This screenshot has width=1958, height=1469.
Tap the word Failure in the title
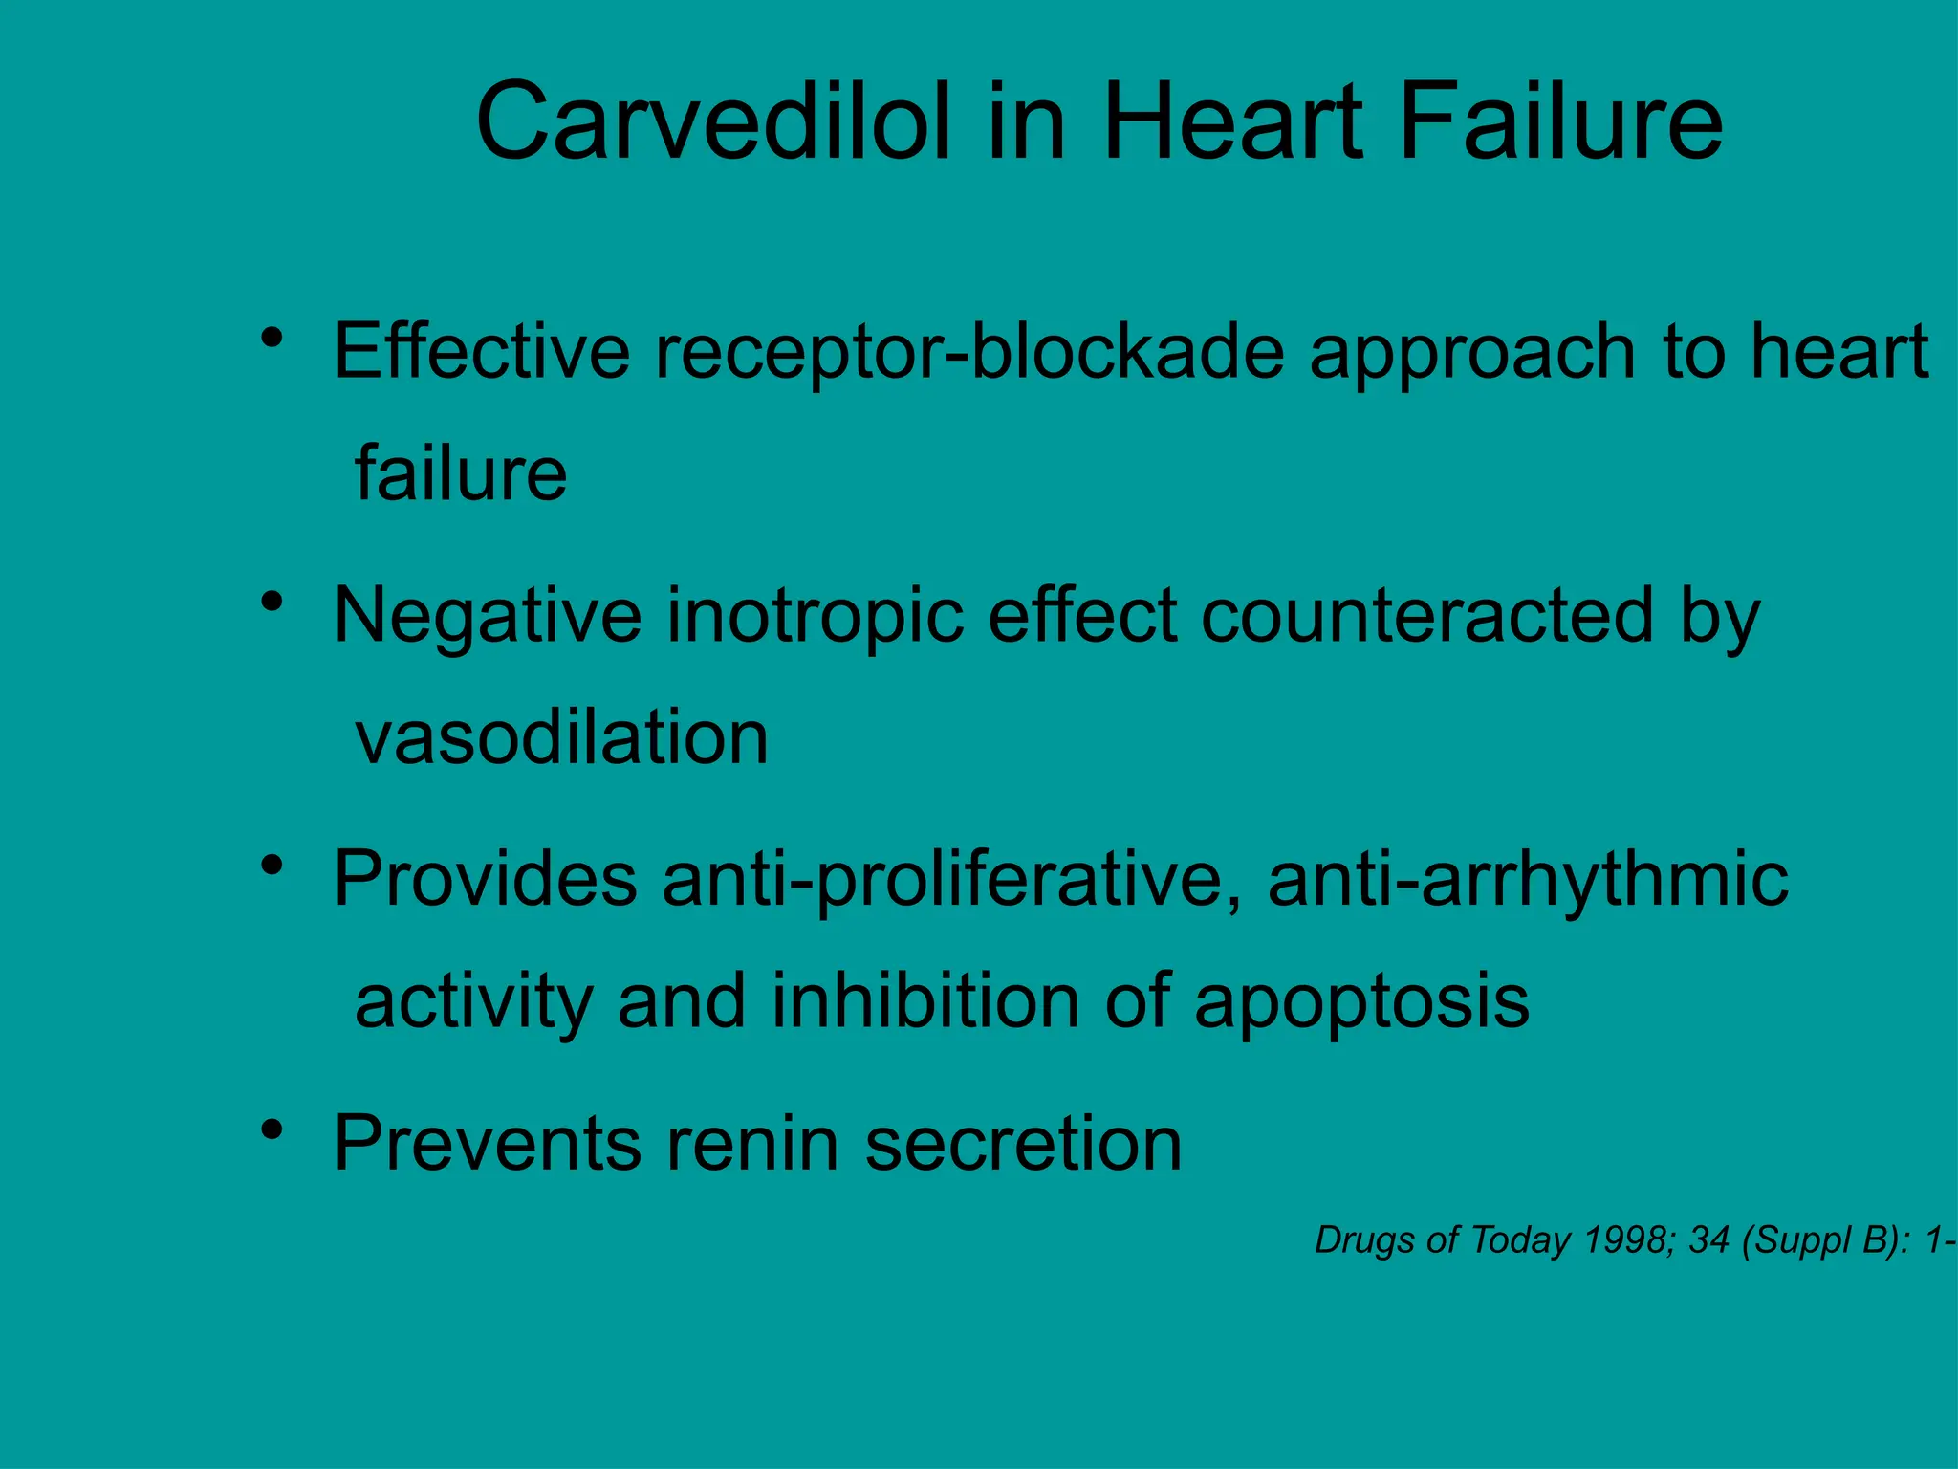point(1560,122)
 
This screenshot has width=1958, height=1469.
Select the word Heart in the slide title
point(1233,122)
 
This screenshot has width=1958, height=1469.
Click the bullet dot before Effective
point(272,338)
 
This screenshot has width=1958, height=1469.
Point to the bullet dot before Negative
point(272,602)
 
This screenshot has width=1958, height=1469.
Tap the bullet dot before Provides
point(272,866)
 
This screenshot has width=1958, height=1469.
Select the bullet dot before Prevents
point(272,1129)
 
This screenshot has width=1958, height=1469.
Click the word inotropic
point(815,617)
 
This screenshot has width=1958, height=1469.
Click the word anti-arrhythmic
point(1527,880)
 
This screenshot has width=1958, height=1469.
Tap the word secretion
point(1023,1144)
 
